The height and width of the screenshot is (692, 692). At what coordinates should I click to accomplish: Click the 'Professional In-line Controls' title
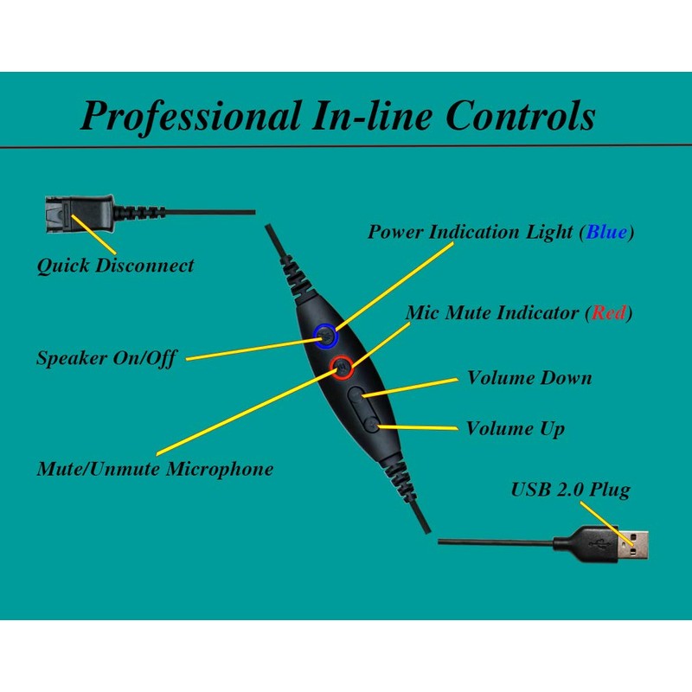click(x=337, y=115)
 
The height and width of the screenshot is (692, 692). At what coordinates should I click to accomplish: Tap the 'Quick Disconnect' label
click(x=115, y=266)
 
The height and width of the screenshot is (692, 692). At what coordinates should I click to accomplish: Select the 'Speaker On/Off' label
click(x=106, y=357)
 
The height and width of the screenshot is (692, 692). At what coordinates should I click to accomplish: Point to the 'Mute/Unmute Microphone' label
click(x=155, y=469)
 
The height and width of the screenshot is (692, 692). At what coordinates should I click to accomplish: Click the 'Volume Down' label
click(x=529, y=378)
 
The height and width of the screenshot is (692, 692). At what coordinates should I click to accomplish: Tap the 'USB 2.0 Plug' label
click(x=570, y=490)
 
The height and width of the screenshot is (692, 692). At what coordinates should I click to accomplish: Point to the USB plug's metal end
click(x=636, y=542)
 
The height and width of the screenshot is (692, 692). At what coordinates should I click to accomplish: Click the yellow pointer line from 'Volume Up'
click(x=420, y=426)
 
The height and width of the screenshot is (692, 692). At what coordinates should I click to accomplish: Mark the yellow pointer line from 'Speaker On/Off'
click(x=251, y=349)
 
